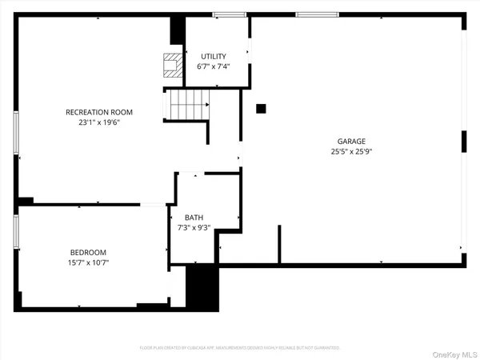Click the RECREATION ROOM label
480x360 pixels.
99,112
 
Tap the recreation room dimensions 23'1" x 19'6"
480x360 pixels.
99,122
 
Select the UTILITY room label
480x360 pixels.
214,56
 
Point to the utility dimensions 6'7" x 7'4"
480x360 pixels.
214,66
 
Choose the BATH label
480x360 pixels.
194,218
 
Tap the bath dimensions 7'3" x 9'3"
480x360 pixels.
194,228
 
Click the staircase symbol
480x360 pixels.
187,105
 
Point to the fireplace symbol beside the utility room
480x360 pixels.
171,64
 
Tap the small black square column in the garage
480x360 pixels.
261,108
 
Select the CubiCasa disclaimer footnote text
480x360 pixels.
239,348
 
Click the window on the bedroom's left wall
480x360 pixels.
16,230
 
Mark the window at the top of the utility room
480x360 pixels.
229,14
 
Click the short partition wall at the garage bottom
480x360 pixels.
279,245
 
